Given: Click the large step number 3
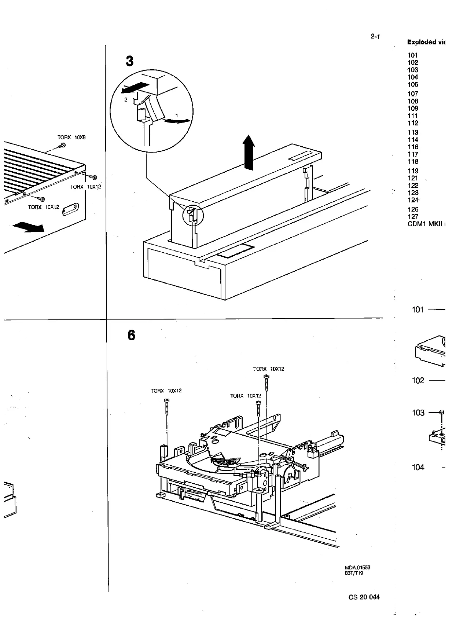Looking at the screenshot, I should pos(130,61).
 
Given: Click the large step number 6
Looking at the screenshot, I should pos(131,335).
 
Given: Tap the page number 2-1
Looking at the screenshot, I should pos(375,36).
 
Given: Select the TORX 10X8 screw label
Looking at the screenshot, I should pos(71,138).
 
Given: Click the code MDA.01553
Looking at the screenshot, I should pos(357,567).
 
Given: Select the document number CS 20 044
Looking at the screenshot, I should pos(364,597).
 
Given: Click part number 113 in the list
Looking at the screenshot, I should pos(413,132).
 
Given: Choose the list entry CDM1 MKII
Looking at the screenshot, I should pos(425,224).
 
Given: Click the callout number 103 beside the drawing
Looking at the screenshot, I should pos(418,413).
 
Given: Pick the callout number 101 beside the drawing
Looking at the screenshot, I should pos(418,309).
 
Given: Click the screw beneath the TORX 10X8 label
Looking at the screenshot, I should pos(62,146).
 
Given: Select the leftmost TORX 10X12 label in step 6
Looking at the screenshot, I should pos(166,391).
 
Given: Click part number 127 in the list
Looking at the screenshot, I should pos(413,217).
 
